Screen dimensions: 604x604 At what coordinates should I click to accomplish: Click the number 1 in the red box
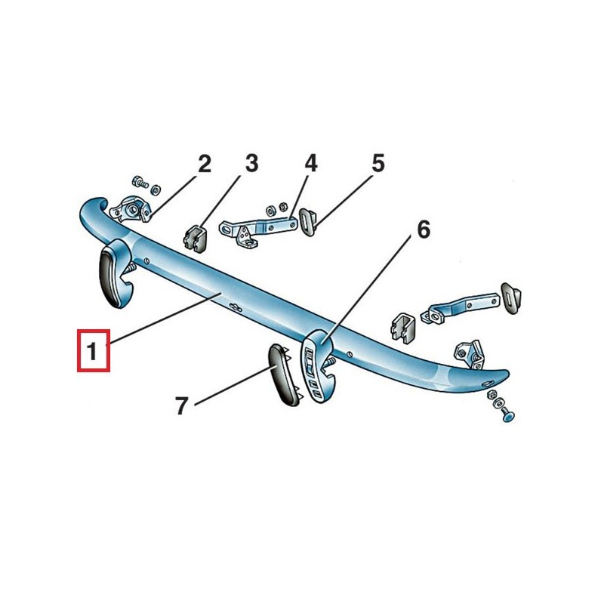(x=93, y=351)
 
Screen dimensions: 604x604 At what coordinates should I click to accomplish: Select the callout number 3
(x=251, y=163)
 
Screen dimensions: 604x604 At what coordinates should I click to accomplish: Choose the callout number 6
(x=423, y=229)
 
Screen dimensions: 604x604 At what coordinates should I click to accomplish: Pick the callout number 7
(x=181, y=406)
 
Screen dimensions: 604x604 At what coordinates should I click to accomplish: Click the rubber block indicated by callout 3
(x=195, y=236)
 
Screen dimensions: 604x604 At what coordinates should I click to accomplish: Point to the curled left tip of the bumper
(x=89, y=211)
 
